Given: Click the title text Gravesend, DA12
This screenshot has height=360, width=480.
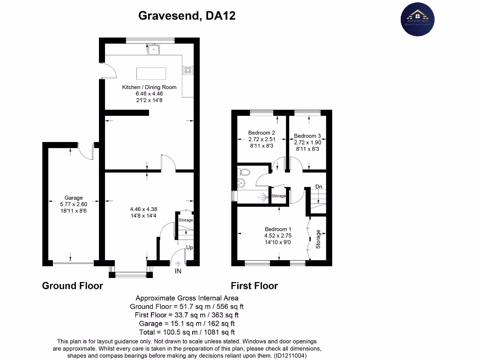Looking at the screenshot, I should [x=187, y=16].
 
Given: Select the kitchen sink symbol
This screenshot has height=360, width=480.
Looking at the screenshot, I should [x=154, y=49].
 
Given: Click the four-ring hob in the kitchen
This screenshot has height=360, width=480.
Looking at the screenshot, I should [x=188, y=70].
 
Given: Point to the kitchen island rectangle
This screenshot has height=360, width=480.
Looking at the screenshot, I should [x=151, y=74].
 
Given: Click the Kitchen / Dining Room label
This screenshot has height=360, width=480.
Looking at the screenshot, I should [x=149, y=87].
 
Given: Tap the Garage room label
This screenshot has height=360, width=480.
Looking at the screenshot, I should [x=74, y=198].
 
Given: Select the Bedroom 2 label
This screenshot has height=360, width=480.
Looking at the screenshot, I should [x=262, y=133].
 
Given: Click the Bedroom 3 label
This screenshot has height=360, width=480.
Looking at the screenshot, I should [x=307, y=136].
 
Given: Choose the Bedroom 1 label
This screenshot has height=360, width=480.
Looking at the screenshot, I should [x=278, y=229].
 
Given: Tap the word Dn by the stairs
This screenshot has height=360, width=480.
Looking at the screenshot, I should [x=319, y=187].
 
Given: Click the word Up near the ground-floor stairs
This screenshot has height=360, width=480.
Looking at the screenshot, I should [x=189, y=247].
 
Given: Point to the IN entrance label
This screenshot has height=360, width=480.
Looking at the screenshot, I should [x=178, y=271].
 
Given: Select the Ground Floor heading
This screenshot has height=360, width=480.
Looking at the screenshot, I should [x=73, y=285].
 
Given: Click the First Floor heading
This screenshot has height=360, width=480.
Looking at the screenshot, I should [x=254, y=285].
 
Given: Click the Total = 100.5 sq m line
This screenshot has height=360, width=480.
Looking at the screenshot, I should [x=187, y=332].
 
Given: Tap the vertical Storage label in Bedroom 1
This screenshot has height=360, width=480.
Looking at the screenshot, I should [x=318, y=239].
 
